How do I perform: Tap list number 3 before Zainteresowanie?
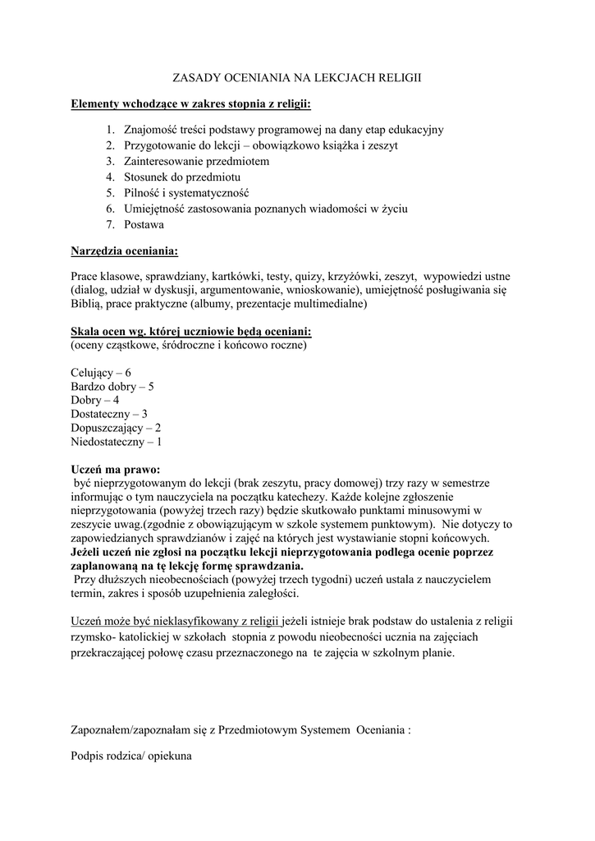pyautogui.click(x=109, y=161)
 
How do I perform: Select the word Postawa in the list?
pyautogui.click(x=144, y=224)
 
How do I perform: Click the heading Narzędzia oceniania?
pyautogui.click(x=124, y=249)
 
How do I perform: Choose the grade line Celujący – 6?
pyautogui.click(x=101, y=372)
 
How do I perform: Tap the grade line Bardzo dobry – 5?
pyautogui.click(x=112, y=386)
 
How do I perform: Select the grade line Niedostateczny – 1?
pyautogui.click(x=117, y=442)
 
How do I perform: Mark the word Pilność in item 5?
pyautogui.click(x=142, y=193)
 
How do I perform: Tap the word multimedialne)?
pyautogui.click(x=310, y=305)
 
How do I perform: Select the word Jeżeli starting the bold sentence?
pyautogui.click(x=89, y=552)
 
